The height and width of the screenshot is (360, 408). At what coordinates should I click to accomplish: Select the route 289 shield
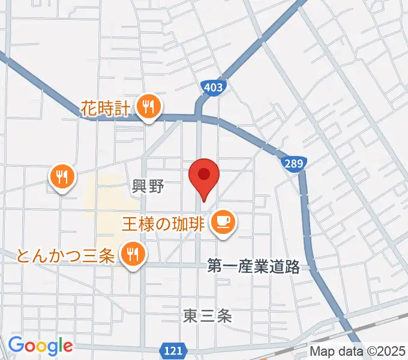click(x=293, y=163)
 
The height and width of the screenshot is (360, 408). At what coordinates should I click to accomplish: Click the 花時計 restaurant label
click(x=106, y=109)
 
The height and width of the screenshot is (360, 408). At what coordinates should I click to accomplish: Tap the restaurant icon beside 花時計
click(x=147, y=107)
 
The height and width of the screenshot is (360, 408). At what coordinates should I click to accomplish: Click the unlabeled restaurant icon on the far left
click(x=62, y=176)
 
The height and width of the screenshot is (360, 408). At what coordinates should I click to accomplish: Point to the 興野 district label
click(x=148, y=187)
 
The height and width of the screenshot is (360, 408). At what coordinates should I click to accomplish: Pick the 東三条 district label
click(x=207, y=316)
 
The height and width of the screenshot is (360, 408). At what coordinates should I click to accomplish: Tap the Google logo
click(x=40, y=346)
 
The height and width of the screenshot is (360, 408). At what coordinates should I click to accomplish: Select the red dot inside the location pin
click(x=204, y=174)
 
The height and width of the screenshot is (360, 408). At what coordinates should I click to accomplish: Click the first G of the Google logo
click(x=16, y=346)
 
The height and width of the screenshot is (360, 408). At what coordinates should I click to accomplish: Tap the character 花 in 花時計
click(x=89, y=109)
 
